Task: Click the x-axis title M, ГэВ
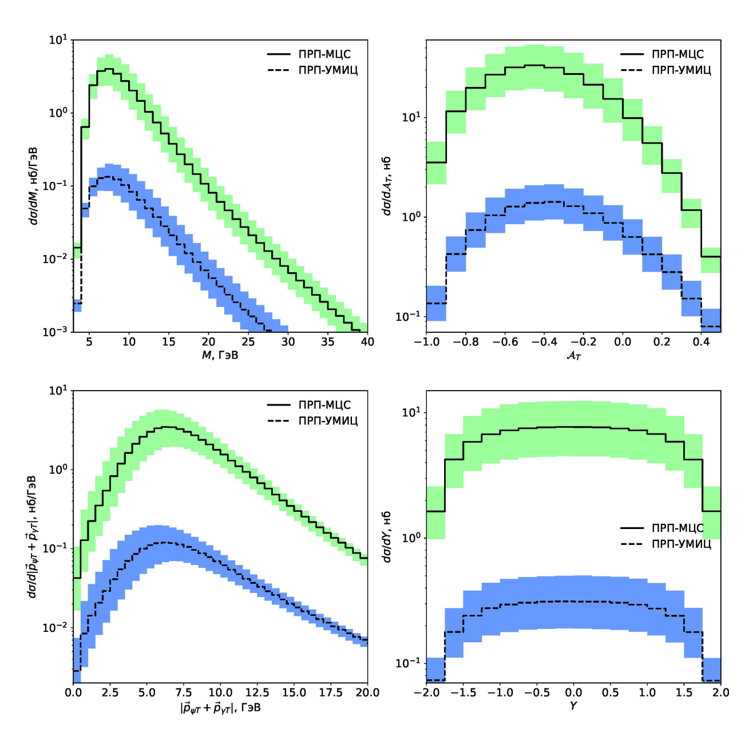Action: [x=220, y=356]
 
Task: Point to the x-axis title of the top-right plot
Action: [x=573, y=356]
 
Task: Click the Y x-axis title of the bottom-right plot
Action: [x=573, y=706]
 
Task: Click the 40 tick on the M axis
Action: [x=367, y=342]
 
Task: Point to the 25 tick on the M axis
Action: [x=248, y=342]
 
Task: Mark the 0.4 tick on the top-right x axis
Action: [x=701, y=342]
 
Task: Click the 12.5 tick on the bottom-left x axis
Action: [x=257, y=693]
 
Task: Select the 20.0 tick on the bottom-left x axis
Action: [x=367, y=693]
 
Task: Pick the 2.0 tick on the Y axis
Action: [x=721, y=693]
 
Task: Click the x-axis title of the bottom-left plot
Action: [x=220, y=708]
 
